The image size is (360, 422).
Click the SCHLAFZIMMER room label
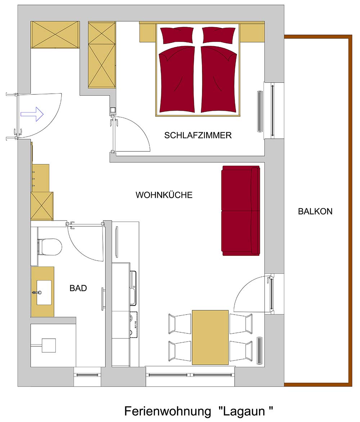coord(198,135)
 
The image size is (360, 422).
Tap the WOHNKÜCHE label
coord(164,195)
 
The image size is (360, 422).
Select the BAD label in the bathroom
coord(78,288)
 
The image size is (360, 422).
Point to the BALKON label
coord(315,211)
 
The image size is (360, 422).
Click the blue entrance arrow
coord(32,114)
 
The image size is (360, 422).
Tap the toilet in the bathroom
coord(50,247)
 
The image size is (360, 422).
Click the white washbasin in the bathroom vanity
coord(44,293)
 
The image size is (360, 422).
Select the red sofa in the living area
coord(241,211)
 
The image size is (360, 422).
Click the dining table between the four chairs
coord(210,338)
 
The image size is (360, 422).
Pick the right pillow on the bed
coord(219,35)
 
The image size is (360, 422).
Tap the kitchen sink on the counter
coord(133,288)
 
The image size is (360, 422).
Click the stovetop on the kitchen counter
coord(134,324)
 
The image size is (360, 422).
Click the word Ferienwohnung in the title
coord(168,411)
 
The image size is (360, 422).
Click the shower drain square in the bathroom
coord(49,345)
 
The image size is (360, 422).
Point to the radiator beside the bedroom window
coord(260,111)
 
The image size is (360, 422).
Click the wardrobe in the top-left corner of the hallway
coord(55,35)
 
